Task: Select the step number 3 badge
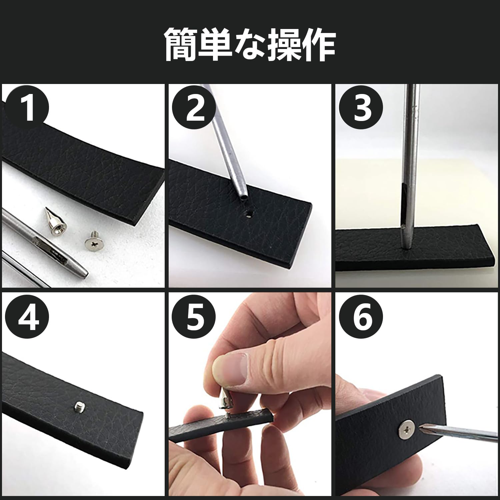click(x=362, y=107)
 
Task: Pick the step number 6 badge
click(x=362, y=317)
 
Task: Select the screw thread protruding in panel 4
click(x=78, y=406)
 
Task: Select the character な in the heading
click(x=250, y=45)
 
